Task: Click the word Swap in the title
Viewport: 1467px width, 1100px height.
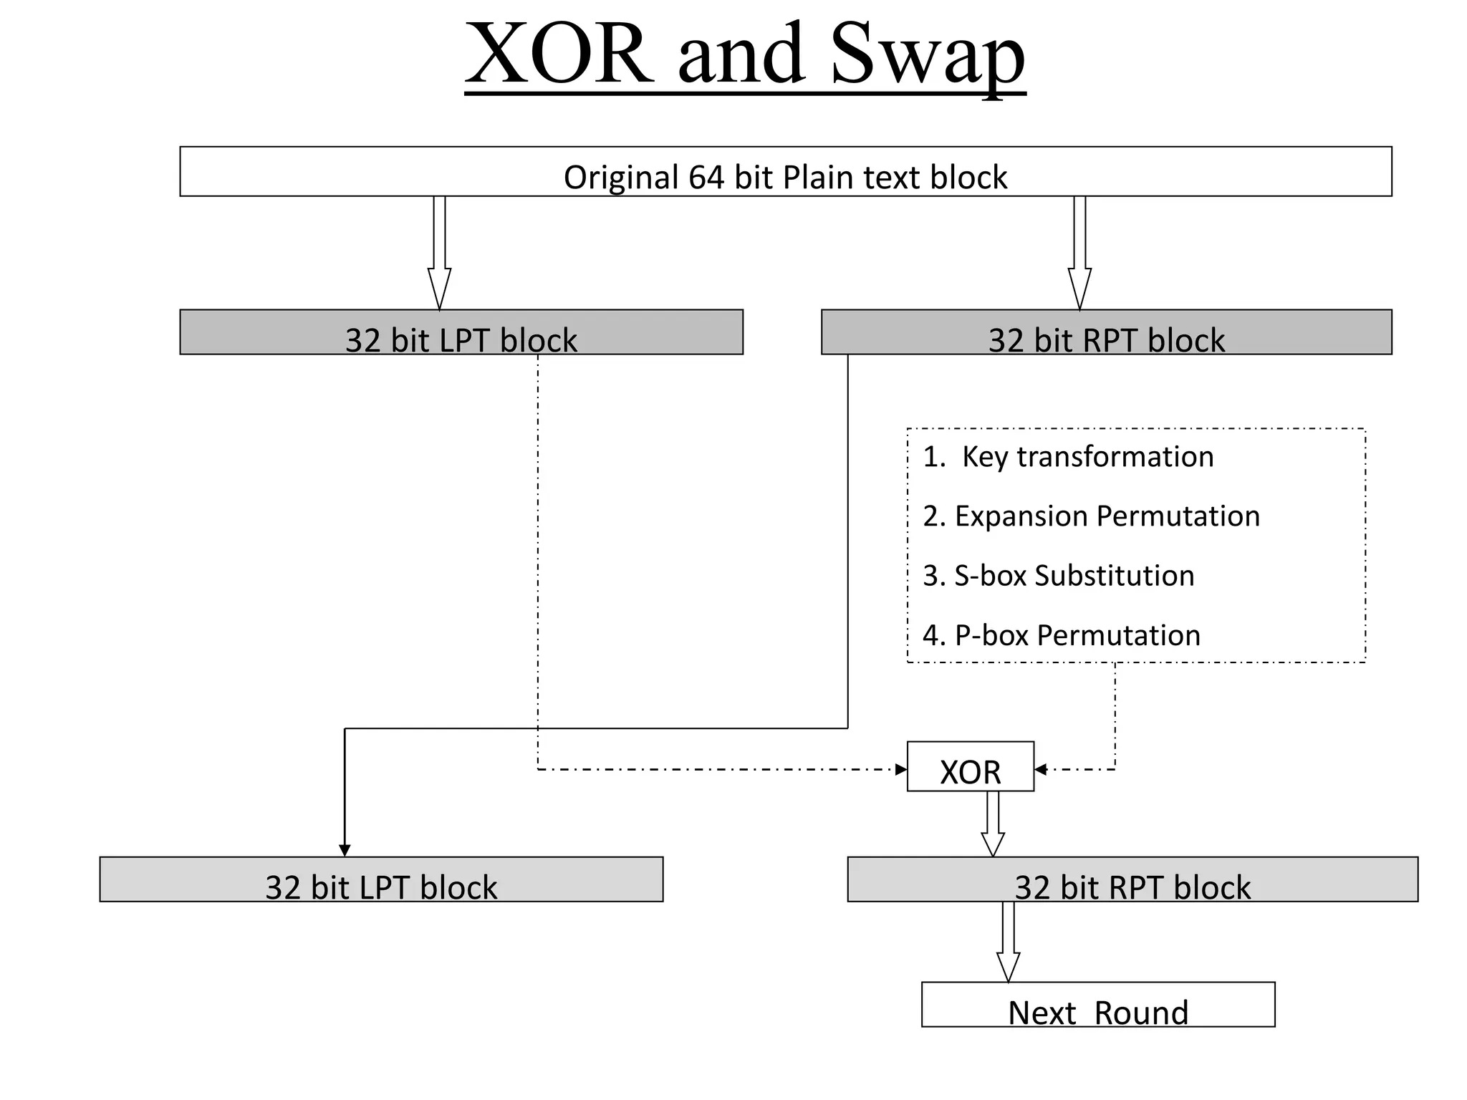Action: pos(928,56)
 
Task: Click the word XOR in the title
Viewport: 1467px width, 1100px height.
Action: pos(559,56)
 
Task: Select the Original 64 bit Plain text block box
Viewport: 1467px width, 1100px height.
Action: pos(785,172)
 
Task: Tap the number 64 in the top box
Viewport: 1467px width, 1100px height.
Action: pos(707,177)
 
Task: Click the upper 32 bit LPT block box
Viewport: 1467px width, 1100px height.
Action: pos(461,332)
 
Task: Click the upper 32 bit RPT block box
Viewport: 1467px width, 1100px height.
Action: pos(1106,332)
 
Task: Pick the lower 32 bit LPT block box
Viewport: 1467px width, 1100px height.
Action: pos(381,879)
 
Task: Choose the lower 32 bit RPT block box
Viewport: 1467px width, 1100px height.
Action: pos(1132,879)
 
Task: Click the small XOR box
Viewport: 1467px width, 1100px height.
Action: pos(970,767)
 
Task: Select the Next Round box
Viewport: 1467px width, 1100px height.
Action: pos(1097,1005)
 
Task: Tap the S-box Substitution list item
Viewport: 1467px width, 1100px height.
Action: pos(1059,576)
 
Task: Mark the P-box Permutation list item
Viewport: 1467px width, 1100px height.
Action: pos(1062,635)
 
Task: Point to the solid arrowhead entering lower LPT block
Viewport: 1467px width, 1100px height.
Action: pos(345,850)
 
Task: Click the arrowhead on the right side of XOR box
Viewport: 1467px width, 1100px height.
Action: pos(1041,770)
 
